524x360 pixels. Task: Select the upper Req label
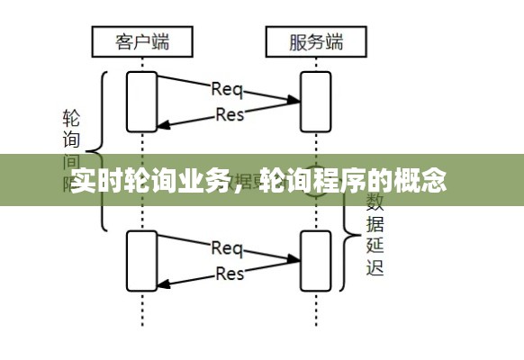226,88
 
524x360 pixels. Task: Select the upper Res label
230,114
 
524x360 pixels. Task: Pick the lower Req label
226,247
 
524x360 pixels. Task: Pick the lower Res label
230,273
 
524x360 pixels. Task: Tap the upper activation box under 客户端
142,101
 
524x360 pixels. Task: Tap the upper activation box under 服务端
316,101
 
